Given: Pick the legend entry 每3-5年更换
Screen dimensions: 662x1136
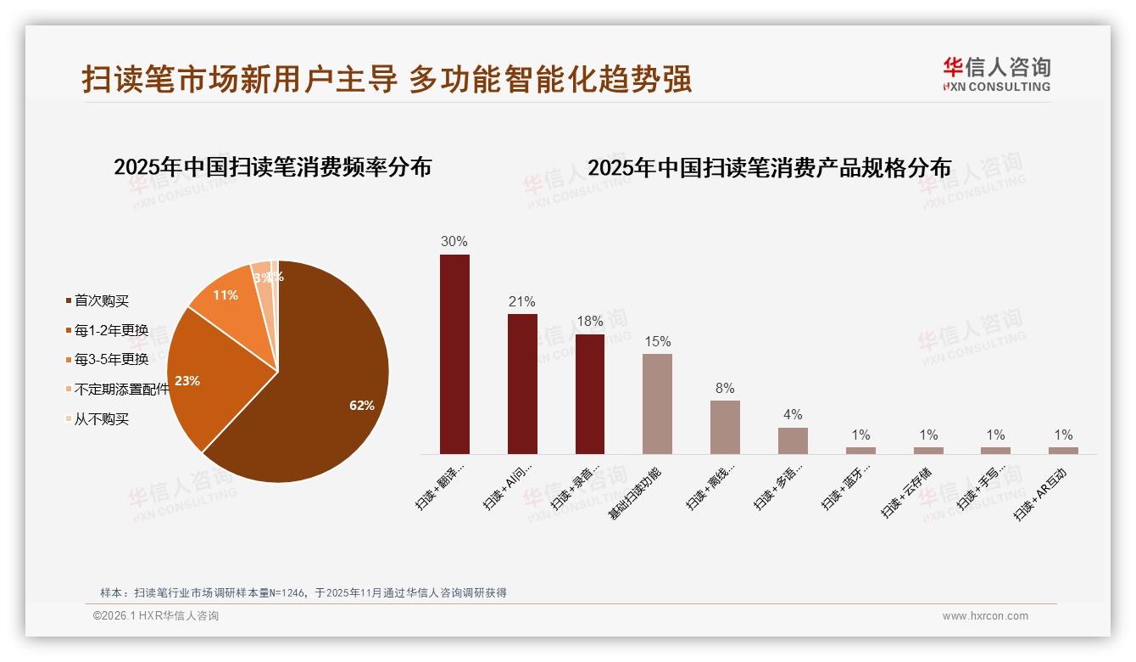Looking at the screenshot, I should point(111,360).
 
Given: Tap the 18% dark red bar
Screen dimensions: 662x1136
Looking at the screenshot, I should point(590,394).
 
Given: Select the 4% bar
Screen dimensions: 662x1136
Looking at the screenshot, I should point(793,440).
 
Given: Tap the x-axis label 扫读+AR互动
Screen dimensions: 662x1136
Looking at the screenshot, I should point(1041,495).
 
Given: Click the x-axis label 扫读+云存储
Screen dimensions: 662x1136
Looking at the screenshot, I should point(905,495).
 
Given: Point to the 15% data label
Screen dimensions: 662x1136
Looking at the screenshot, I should point(657,341).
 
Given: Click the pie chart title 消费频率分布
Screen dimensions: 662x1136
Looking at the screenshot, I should point(272,167).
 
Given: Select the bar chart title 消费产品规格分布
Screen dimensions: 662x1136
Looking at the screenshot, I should point(769,168).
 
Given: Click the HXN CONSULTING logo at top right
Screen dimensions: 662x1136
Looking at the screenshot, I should point(996,74).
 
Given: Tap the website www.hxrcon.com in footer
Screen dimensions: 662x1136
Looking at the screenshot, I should point(985,616).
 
